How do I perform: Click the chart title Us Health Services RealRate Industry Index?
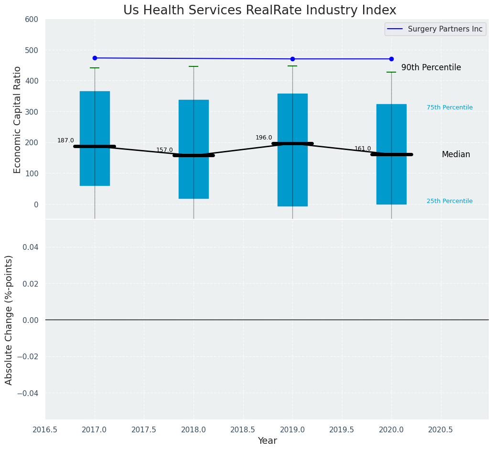(259, 10)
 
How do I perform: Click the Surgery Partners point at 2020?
(391, 59)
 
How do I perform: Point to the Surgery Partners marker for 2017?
(95, 58)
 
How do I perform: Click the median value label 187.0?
(65, 140)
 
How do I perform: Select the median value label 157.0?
(164, 150)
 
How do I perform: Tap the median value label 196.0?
(264, 138)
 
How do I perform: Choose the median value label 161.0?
(363, 149)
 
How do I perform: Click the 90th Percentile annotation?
(431, 68)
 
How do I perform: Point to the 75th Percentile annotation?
(450, 107)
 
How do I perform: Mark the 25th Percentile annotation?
(450, 201)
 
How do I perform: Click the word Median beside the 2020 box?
(456, 155)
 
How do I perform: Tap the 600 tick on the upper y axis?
(32, 20)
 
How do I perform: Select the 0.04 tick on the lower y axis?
(30, 247)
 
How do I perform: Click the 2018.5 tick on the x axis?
(243, 429)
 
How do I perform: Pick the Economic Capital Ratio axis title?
(18, 119)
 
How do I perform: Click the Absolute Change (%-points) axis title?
(9, 320)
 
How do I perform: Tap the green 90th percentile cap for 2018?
(193, 66)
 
